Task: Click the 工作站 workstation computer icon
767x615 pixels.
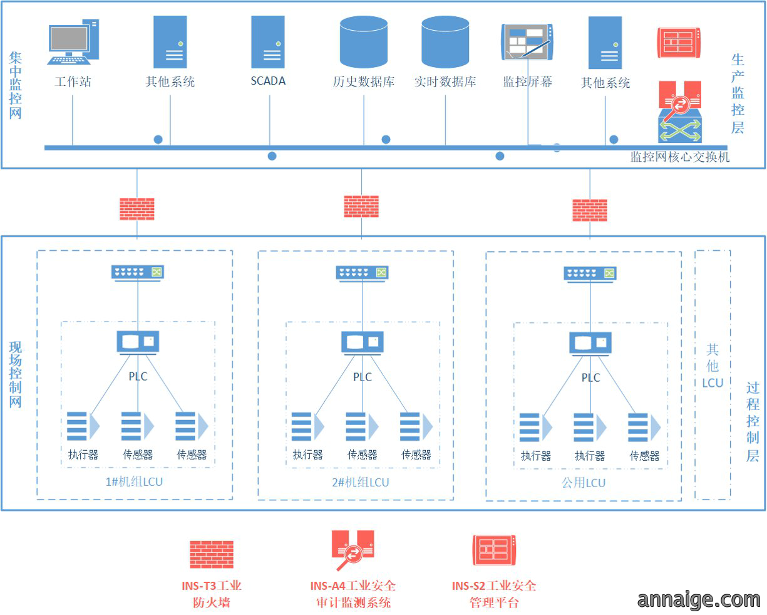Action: point(73,41)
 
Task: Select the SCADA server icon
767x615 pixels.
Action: point(267,42)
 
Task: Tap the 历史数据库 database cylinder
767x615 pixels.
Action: point(364,42)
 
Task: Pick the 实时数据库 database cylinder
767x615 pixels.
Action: point(445,42)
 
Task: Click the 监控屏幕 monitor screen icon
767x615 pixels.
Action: point(527,42)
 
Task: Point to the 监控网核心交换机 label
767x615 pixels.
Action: point(680,157)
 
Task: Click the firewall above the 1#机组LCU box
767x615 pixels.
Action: point(137,209)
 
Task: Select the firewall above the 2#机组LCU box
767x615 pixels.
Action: point(361,206)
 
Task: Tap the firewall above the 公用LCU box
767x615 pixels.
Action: point(590,210)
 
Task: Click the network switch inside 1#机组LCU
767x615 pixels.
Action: point(138,273)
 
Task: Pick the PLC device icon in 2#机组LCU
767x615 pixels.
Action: point(363,343)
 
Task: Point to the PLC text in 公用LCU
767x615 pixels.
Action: point(590,377)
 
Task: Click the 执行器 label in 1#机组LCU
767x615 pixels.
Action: point(83,455)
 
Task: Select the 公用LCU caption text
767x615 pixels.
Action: point(584,483)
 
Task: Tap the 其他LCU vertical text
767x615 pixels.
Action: point(713,366)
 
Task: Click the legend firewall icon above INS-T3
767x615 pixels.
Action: point(212,554)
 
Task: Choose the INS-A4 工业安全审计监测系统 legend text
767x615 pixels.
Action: point(353,594)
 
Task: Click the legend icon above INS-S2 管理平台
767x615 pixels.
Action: point(494,550)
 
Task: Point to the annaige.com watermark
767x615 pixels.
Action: point(699,600)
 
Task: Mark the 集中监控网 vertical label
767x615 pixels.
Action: point(15,85)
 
